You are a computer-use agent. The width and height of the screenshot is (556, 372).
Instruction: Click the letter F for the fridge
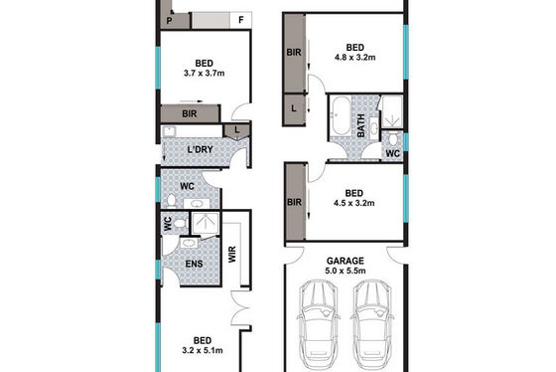click(241, 20)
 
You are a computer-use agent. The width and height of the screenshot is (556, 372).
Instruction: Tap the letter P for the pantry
click(169, 21)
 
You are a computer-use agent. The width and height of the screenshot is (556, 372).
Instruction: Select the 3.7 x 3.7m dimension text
click(204, 74)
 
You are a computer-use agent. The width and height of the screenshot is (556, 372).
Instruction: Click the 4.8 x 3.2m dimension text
click(355, 58)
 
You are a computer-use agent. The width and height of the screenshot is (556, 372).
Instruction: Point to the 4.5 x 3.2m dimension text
click(353, 203)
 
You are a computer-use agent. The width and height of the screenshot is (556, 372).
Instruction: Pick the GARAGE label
click(346, 262)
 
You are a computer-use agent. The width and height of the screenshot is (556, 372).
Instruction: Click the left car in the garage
click(318, 324)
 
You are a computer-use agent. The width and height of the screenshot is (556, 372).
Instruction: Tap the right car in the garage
click(372, 324)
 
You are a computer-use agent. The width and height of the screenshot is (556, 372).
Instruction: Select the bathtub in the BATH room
click(341, 115)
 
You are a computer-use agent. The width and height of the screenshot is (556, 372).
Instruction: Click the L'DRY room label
click(201, 149)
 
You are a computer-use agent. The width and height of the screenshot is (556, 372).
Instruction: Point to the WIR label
click(232, 255)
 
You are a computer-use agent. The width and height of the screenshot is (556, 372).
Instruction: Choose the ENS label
click(195, 264)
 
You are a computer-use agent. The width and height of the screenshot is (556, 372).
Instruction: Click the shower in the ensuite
click(206, 223)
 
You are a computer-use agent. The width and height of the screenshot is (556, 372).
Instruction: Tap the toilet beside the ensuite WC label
click(180, 224)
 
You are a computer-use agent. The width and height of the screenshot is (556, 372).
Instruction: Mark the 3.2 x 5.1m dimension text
click(203, 351)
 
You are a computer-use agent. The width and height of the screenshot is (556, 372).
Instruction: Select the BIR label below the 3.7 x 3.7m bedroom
click(190, 114)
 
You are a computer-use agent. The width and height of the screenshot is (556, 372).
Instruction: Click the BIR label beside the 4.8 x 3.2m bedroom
click(294, 53)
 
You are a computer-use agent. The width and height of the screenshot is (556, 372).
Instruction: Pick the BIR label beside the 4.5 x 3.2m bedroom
click(294, 202)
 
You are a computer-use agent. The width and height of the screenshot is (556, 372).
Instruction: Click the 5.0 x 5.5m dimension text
click(346, 272)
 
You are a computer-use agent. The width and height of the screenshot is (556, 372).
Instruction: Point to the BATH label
click(361, 125)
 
